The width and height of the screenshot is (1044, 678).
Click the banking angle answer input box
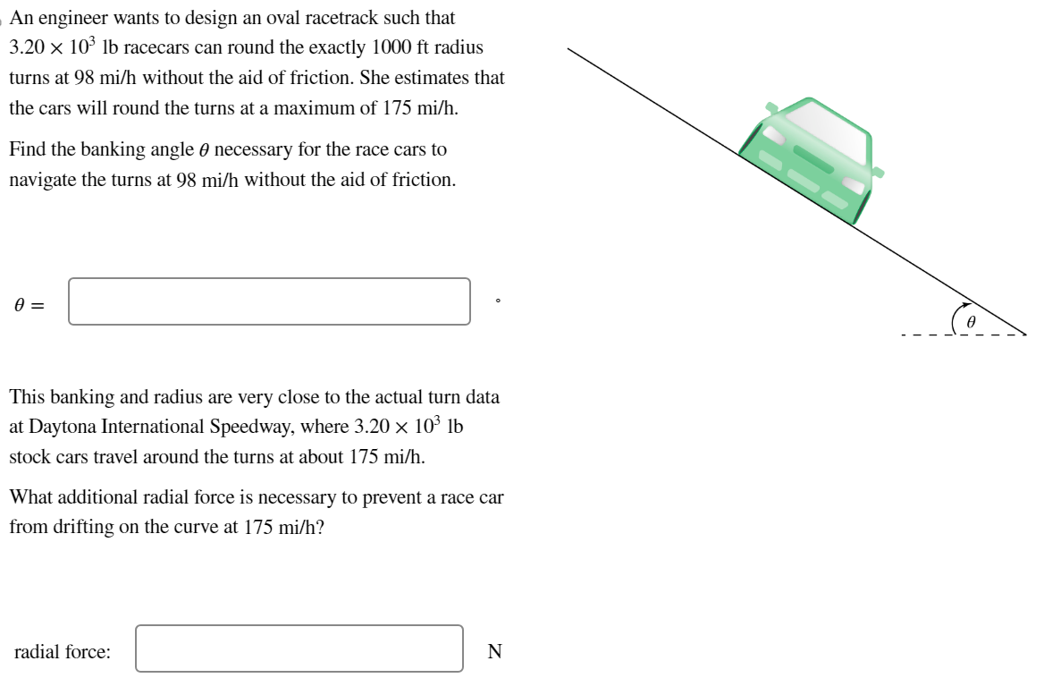[269, 301]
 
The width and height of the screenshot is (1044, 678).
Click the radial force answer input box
[299, 648]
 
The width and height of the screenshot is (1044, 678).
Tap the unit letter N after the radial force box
[494, 652]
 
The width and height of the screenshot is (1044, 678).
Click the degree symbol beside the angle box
[498, 301]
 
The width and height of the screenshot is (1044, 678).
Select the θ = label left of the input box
[29, 305]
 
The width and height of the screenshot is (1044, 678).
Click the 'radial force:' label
[63, 652]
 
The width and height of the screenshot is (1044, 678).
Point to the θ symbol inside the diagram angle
[972, 319]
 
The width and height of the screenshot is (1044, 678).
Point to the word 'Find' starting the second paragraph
[26, 148]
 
